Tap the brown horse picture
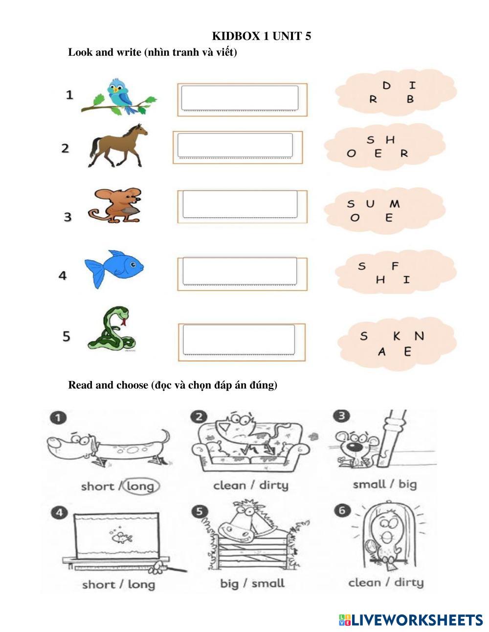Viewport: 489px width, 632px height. point(118,146)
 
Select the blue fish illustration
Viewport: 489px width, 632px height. point(114,269)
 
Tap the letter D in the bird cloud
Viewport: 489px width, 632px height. point(386,85)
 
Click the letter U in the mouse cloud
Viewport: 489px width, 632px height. point(370,204)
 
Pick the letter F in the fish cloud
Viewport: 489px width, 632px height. point(395,266)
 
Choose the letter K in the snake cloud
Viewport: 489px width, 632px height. point(397,336)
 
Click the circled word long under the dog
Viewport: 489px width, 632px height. point(141,486)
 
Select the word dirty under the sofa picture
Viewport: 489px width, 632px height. point(274,485)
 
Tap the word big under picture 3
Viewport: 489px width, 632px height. point(408,485)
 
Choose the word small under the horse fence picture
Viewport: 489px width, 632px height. point(268,583)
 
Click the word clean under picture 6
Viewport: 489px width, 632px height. point(364,583)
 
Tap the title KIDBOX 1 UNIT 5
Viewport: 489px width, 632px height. point(262,36)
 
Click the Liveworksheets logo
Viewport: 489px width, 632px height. point(411,620)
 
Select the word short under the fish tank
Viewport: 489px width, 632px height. point(98,584)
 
